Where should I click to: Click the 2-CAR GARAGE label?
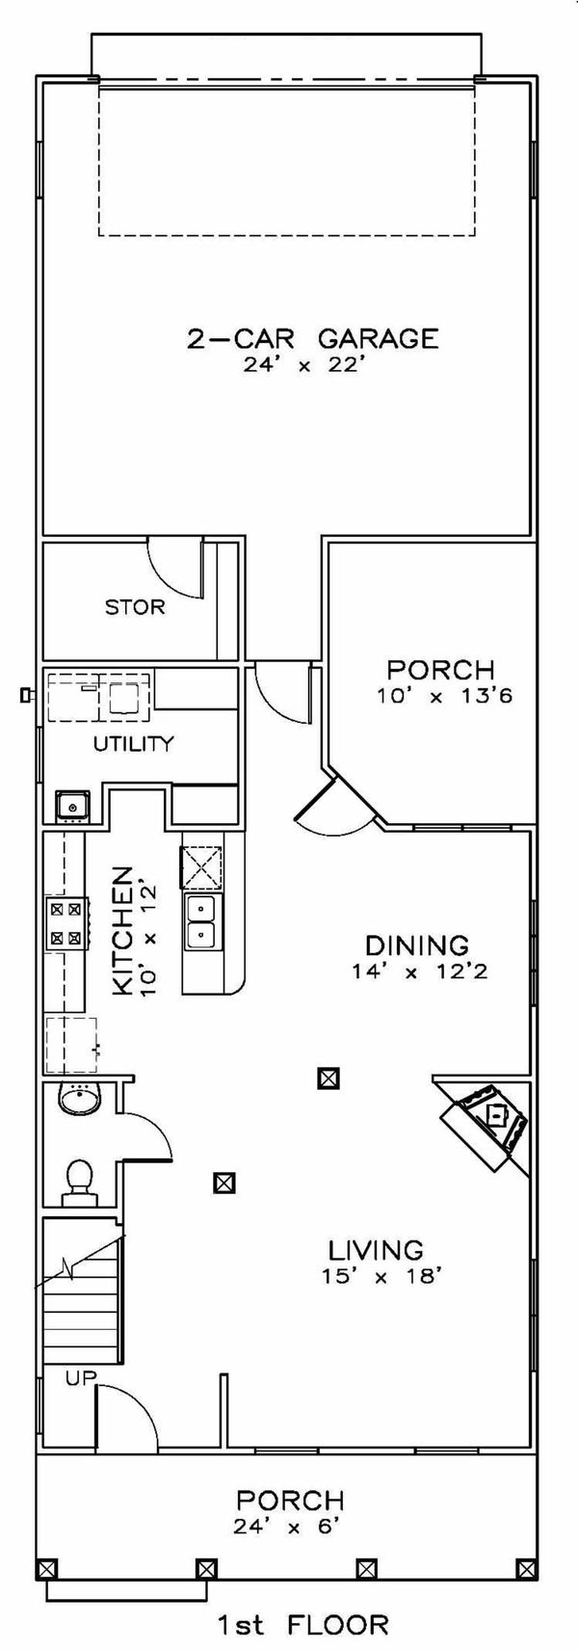[312, 337]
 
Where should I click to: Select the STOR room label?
[135, 607]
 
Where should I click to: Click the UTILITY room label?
[133, 743]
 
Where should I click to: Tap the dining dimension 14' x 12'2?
[420, 972]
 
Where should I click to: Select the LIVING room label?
[376, 1250]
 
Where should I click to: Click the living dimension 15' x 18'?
[376, 1277]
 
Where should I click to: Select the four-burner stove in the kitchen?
[66, 921]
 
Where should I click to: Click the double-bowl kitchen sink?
[202, 920]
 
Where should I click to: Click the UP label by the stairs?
[81, 1378]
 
